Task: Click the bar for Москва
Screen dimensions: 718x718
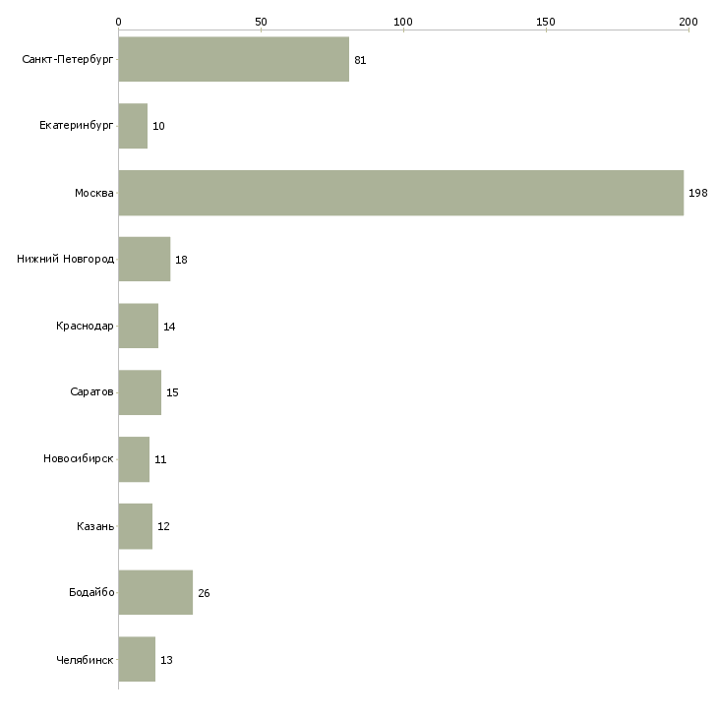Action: click(x=400, y=193)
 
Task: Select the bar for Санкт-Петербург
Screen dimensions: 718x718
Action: click(x=234, y=60)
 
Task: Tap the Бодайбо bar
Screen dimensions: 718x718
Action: click(x=155, y=592)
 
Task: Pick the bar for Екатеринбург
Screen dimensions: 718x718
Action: click(x=133, y=127)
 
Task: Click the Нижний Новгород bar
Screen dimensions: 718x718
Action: click(x=145, y=260)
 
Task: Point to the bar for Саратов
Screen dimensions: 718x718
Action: click(x=140, y=392)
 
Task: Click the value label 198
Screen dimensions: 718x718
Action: click(x=698, y=194)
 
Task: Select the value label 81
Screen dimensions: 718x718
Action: click(x=360, y=61)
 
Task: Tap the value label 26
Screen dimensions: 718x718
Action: click(x=204, y=593)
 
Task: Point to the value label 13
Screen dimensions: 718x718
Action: click(x=166, y=660)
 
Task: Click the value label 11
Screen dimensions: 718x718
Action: click(x=160, y=460)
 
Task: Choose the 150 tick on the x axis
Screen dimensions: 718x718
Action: click(x=546, y=21)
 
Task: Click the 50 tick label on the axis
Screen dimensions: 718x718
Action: click(x=261, y=21)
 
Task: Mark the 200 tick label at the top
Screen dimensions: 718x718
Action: click(x=688, y=21)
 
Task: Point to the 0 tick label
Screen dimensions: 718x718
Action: click(x=119, y=21)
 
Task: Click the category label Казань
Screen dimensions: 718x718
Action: click(x=95, y=526)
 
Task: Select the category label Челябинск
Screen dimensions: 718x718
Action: click(x=85, y=659)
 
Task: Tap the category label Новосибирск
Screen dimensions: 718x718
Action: click(x=79, y=459)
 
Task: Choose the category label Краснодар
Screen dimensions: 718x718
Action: click(x=85, y=327)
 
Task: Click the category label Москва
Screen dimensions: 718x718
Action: click(x=94, y=194)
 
